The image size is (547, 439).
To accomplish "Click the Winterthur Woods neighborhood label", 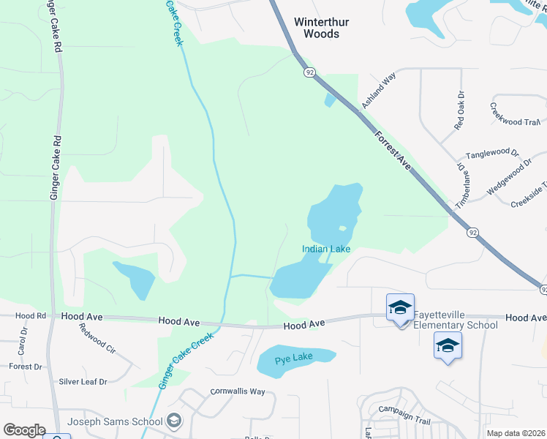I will (317, 28).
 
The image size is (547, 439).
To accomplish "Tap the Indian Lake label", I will (326, 249).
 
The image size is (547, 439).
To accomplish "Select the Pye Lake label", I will (294, 359).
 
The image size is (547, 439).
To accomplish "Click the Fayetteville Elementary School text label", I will (456, 320).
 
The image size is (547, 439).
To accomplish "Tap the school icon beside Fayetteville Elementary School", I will (401, 308).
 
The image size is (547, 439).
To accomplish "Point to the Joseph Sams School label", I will (115, 421).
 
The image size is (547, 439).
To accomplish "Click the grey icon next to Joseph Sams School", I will (174, 421).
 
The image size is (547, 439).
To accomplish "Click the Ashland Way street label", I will (379, 90).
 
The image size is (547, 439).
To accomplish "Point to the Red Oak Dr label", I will (459, 110).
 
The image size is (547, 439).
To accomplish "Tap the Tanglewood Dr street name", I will (492, 154).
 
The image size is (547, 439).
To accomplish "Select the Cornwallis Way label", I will (237, 391).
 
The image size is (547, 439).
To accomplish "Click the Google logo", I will (23, 429).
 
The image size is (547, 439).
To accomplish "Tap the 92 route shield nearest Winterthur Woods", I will (311, 72).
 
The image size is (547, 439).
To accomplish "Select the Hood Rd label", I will (31, 316).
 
